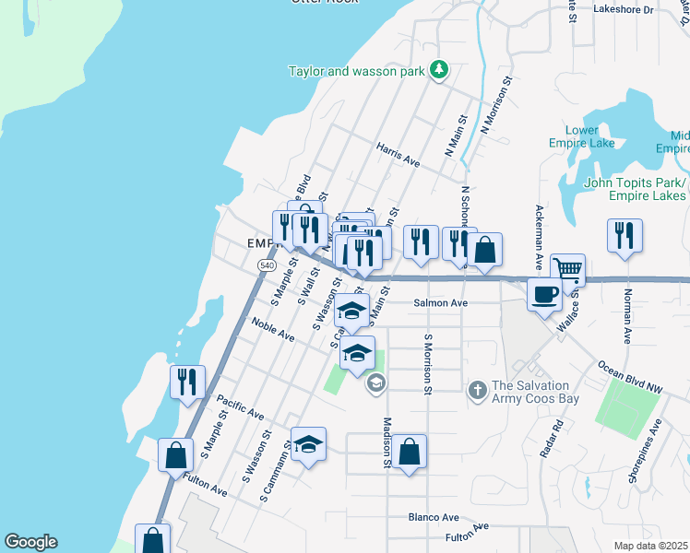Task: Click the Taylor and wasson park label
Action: (355, 71)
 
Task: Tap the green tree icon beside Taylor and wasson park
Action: (440, 70)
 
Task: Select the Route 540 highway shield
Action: (267, 265)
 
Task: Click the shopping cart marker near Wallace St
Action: (568, 269)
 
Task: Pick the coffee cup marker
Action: (544, 294)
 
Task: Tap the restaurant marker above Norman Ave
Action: (625, 235)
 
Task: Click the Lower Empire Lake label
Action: (589, 136)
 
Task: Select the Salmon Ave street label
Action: (441, 302)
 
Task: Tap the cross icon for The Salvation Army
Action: (477, 390)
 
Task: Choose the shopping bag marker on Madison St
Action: (410, 452)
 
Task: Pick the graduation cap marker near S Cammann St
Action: (309, 444)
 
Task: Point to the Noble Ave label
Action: (273, 330)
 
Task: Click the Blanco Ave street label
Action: (434, 517)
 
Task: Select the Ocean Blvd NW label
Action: (631, 378)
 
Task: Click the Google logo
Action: (30, 542)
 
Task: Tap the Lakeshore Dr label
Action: (623, 10)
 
